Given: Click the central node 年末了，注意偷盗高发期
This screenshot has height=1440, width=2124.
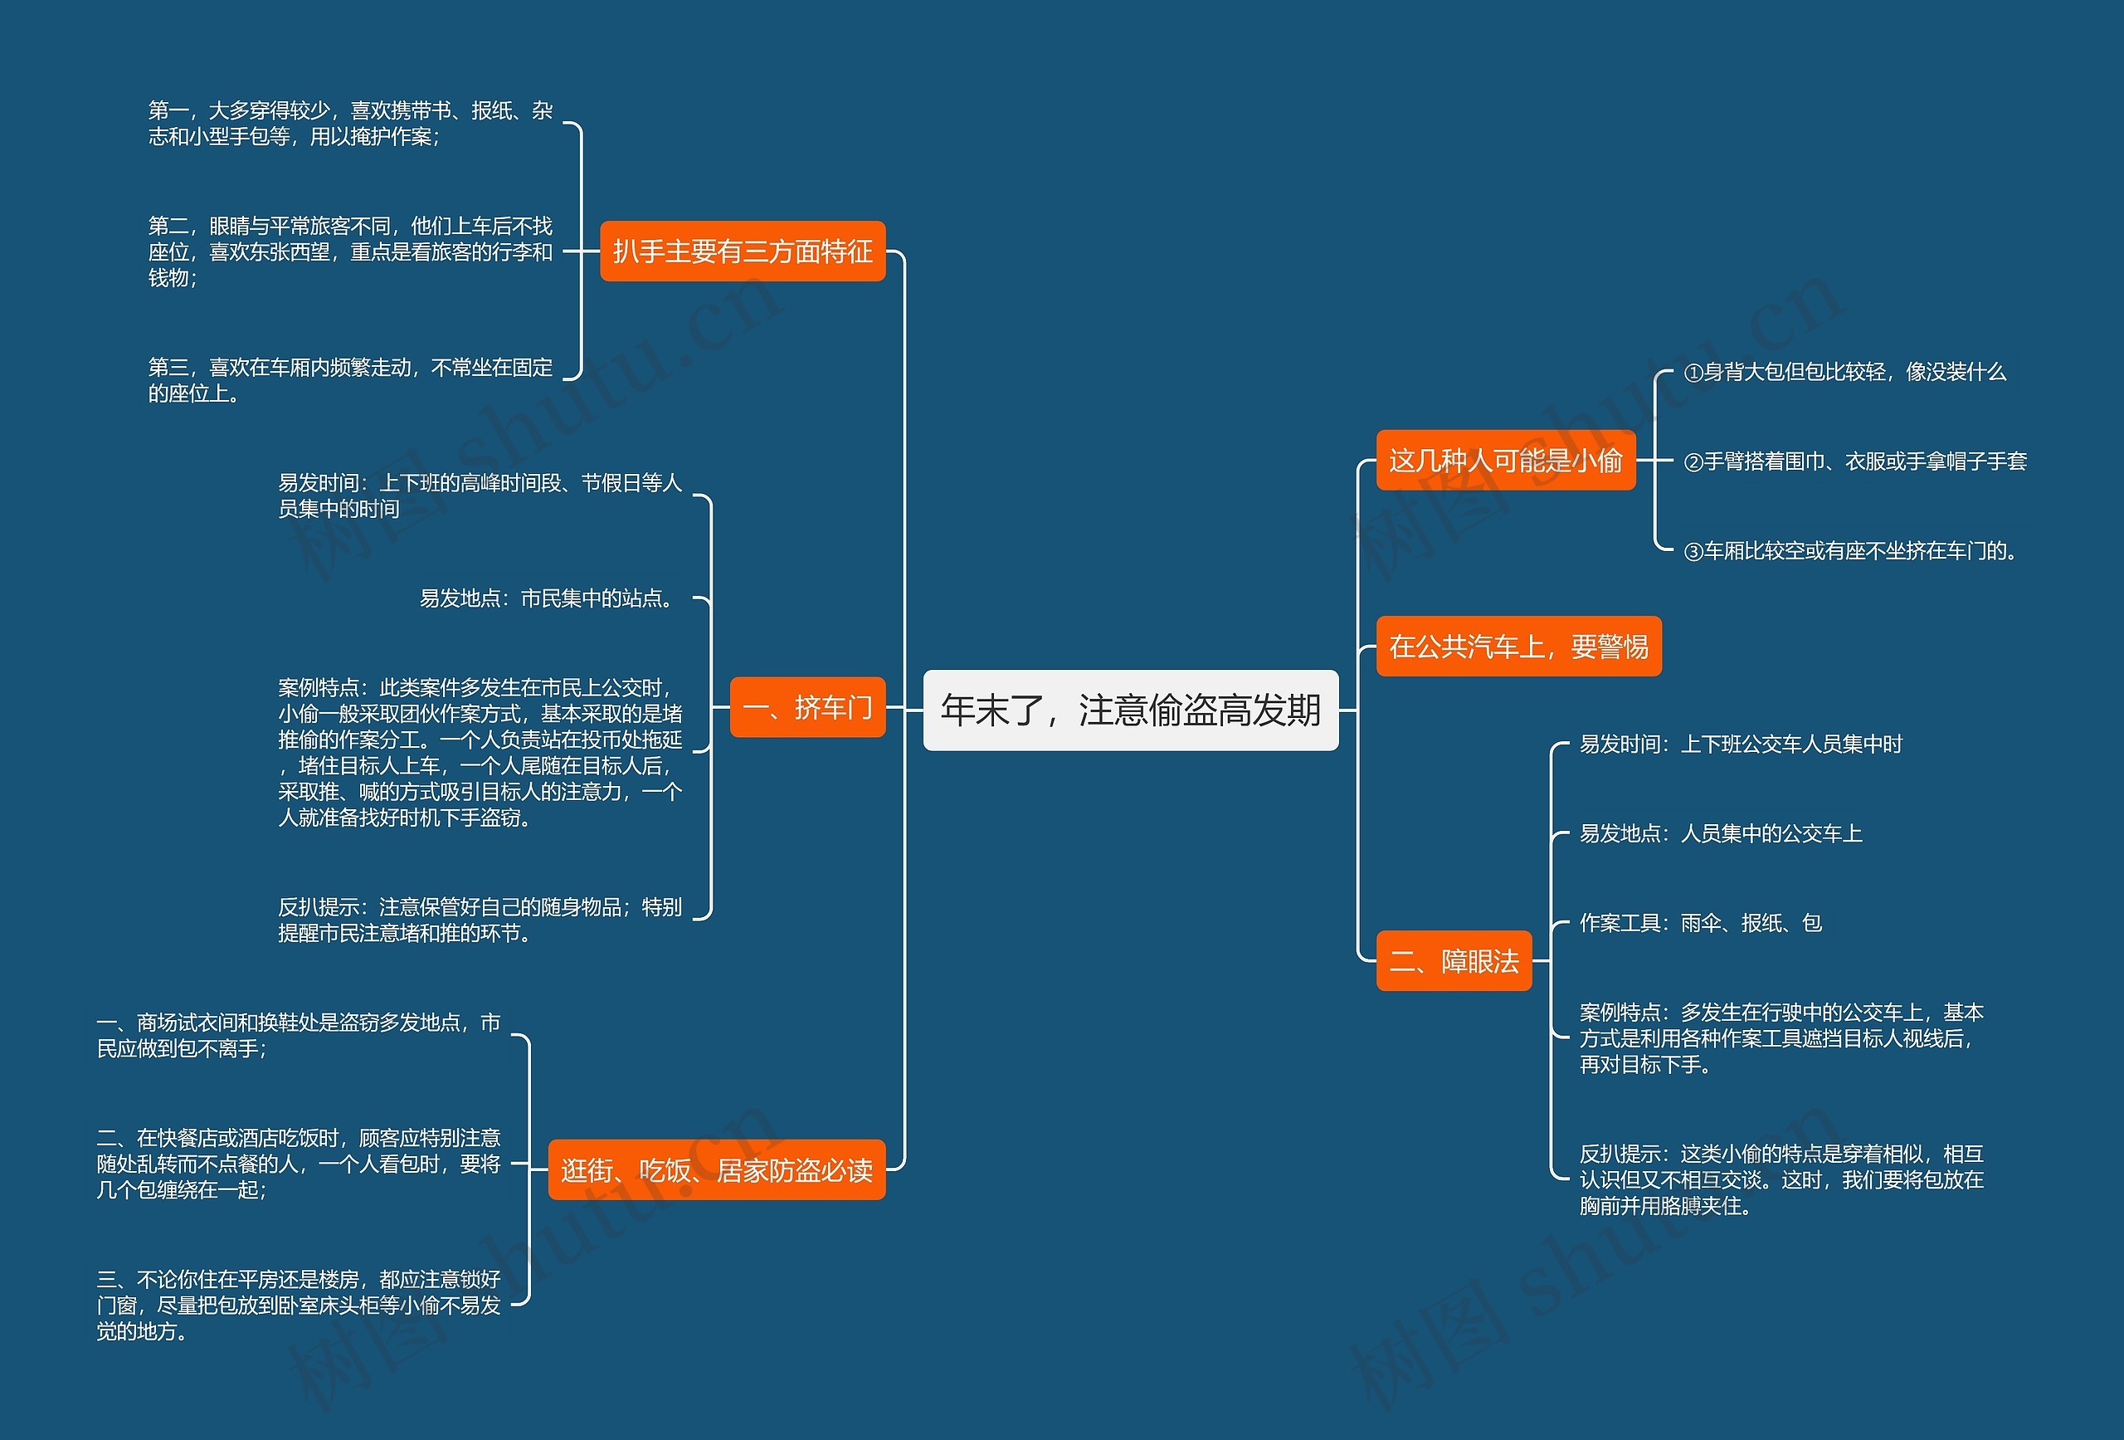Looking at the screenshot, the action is [x=1131, y=710].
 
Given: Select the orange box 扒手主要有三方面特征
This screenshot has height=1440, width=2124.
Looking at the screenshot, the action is [x=742, y=251].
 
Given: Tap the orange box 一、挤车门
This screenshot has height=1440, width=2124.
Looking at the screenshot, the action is [x=807, y=708].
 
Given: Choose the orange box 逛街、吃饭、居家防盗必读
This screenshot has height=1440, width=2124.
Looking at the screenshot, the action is [x=717, y=1170].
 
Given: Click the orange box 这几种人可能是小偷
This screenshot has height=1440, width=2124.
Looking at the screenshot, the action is [x=1505, y=460].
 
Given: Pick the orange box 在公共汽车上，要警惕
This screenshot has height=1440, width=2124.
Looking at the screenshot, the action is [x=1518, y=647].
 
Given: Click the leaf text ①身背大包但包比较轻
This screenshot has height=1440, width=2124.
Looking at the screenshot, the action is [x=1844, y=372].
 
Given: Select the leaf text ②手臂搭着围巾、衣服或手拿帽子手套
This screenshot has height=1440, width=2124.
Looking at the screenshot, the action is [x=1854, y=461].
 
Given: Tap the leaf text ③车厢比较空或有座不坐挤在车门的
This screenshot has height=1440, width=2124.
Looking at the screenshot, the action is [x=1851, y=551].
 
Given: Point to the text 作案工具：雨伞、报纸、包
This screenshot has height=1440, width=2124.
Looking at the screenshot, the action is [x=1700, y=924].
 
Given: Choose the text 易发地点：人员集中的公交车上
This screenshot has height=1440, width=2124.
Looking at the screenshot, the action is [x=1720, y=834].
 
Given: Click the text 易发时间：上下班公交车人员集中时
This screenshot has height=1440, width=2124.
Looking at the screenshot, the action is [x=1740, y=744].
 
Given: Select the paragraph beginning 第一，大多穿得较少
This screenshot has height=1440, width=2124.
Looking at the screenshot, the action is [x=350, y=124].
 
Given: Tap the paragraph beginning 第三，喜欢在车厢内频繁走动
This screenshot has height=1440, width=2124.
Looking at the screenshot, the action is [x=350, y=380].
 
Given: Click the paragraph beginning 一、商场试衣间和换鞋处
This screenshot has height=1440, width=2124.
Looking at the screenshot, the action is [x=299, y=1036].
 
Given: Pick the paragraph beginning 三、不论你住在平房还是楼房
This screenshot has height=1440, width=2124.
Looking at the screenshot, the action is [x=299, y=1305].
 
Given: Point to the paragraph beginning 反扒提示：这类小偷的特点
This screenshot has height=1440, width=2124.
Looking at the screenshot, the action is [x=1781, y=1179].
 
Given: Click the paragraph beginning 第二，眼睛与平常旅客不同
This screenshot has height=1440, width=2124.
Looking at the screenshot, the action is [x=350, y=251].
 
